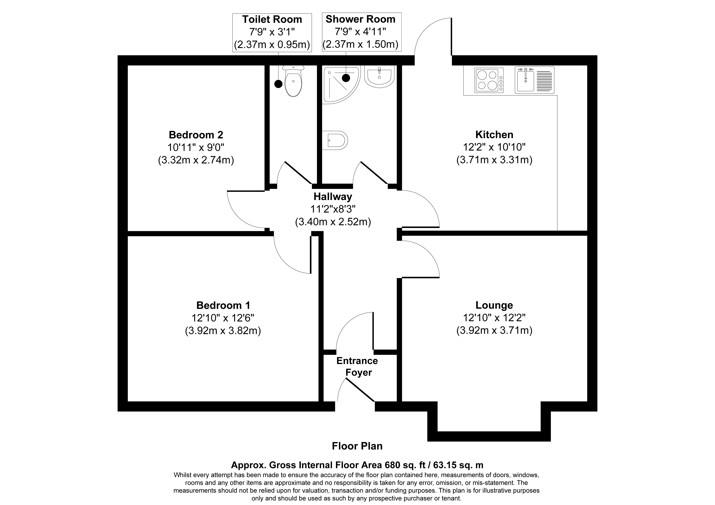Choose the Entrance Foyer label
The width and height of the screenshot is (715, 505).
tap(357, 366)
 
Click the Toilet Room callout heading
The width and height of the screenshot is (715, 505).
tap(272, 19)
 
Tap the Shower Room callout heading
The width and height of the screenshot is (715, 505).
tap(361, 19)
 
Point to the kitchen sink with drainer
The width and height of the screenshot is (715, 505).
tap(534, 80)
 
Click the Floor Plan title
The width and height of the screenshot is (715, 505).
tap(357, 446)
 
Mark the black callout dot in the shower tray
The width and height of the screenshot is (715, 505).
tap(346, 78)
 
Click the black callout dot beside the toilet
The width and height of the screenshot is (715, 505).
tap(278, 84)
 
